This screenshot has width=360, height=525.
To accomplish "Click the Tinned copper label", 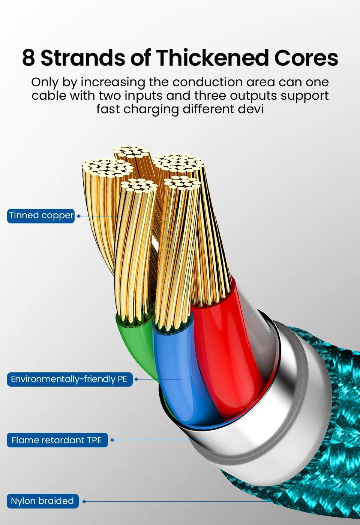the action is pos(41,216).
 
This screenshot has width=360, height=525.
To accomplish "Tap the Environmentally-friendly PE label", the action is pos(69,379).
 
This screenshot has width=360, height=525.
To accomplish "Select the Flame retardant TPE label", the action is pos(57,440).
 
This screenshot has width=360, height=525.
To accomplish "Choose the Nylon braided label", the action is pos(42,501).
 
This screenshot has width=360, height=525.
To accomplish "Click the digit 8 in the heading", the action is pos(28,58).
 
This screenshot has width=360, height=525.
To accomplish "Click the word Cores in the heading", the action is pos(306,58).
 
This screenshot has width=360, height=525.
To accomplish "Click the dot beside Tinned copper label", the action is pos(79,216).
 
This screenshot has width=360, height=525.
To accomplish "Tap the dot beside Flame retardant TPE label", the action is pos(112,440).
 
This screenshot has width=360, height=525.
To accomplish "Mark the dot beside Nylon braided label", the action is pos(84,501).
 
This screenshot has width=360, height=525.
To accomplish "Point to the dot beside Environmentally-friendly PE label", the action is pos(136,379).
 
